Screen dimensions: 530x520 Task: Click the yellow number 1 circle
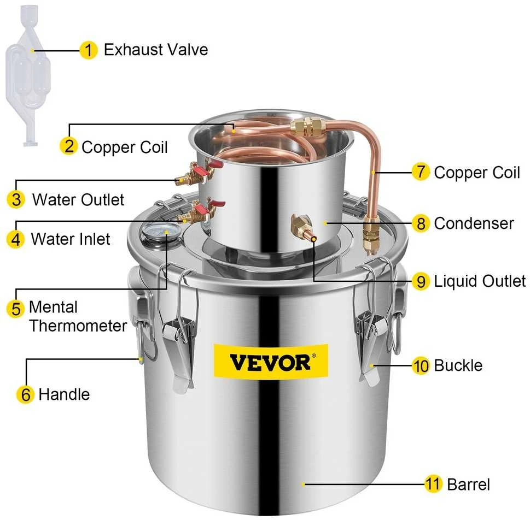[89, 50]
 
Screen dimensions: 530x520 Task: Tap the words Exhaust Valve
[156, 50]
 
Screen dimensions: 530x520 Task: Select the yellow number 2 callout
[68, 146]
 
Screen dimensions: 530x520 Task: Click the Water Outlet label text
[78, 199]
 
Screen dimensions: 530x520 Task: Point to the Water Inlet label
[71, 239]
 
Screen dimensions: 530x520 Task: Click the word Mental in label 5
[53, 307]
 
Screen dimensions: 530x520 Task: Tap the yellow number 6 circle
[26, 394]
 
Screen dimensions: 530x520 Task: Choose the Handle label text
[64, 394]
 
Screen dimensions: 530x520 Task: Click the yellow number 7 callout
[421, 172]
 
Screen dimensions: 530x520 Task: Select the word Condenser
[474, 223]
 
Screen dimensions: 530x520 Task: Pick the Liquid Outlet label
[480, 281]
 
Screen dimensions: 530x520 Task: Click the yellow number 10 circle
[421, 365]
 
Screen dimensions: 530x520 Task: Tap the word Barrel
[469, 484]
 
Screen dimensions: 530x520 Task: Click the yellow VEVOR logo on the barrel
[271, 361]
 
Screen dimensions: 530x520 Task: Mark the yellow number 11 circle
[433, 484]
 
